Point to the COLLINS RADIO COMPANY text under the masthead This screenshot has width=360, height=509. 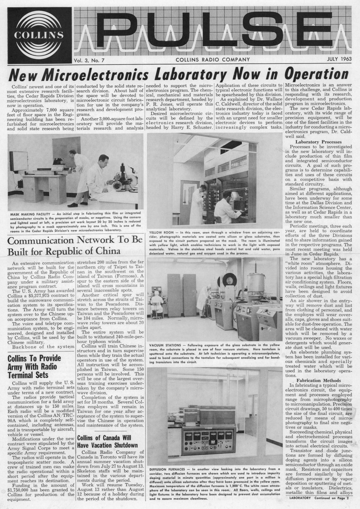click(213, 59)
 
